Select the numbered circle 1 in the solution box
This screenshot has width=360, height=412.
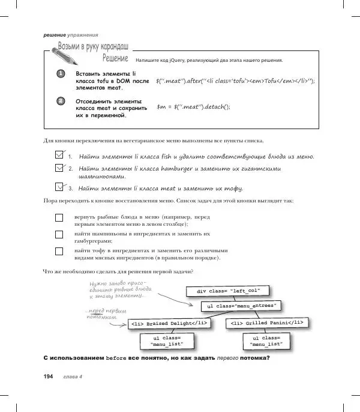point(61,74)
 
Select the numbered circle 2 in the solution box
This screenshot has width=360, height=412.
point(61,101)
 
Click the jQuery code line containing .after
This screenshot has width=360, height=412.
point(235,80)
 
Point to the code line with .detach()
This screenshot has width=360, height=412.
point(193,107)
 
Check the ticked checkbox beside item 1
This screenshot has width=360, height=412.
point(59,155)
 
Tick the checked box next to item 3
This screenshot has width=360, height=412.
point(59,187)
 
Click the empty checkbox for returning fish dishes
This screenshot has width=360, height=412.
point(59,217)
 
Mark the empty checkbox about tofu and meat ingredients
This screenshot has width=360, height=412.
point(59,252)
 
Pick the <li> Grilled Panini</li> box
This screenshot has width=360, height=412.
point(268,323)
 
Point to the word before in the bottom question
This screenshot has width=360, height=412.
point(116,359)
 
